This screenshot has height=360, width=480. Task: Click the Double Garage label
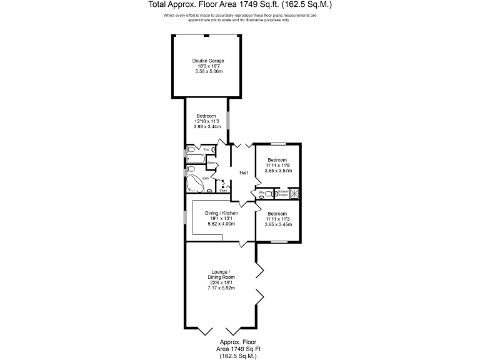[x=209, y=61]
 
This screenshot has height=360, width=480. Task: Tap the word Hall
[x=244, y=173]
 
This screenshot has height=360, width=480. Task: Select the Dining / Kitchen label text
[x=222, y=213]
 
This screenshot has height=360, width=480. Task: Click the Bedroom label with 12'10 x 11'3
[x=206, y=116]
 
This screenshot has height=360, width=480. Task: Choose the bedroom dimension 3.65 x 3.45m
[x=277, y=224]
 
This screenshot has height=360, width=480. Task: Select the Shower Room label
[x=282, y=194]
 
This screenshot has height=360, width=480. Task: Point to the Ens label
[x=206, y=149]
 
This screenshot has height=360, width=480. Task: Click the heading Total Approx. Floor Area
[x=239, y=4]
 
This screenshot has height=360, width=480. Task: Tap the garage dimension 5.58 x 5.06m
[x=209, y=72]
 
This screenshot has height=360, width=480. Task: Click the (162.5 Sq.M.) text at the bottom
[x=238, y=355]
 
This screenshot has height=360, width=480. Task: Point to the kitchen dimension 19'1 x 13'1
[x=222, y=218]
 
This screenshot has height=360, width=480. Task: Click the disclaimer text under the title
[x=239, y=17]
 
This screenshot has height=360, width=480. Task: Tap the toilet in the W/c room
[x=260, y=194]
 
